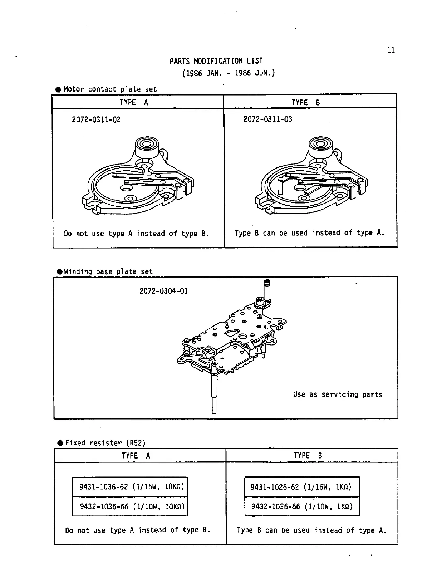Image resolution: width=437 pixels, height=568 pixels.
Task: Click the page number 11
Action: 391,50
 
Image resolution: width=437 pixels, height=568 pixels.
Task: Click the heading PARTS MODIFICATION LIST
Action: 216,61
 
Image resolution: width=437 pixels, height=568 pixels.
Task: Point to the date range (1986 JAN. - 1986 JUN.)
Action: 229,73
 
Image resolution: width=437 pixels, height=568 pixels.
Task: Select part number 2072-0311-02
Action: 96,119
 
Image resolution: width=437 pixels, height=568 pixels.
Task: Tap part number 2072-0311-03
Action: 267,119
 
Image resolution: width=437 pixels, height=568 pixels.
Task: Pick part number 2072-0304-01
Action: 163,291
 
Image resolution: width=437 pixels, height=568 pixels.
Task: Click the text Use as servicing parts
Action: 338,395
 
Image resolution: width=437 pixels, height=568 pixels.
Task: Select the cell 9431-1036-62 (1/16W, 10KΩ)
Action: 130,487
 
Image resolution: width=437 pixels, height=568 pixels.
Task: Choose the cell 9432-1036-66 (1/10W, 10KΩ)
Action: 130,506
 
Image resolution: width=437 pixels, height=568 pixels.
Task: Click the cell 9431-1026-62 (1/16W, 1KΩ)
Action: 301,487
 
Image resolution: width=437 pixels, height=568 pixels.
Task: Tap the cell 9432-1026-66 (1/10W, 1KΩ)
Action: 301,506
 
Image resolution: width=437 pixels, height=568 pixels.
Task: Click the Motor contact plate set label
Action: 110,89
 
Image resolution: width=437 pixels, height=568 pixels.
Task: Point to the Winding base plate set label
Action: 108,271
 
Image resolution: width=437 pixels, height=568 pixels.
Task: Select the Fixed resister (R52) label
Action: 105,443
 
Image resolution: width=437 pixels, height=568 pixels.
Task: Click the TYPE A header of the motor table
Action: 134,102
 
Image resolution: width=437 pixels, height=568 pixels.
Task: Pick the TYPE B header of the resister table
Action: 308,456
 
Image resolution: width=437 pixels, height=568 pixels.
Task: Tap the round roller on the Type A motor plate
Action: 146,145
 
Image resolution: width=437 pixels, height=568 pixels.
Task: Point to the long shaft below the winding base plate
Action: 214,393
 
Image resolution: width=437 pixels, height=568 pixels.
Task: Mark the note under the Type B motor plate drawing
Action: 309,233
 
